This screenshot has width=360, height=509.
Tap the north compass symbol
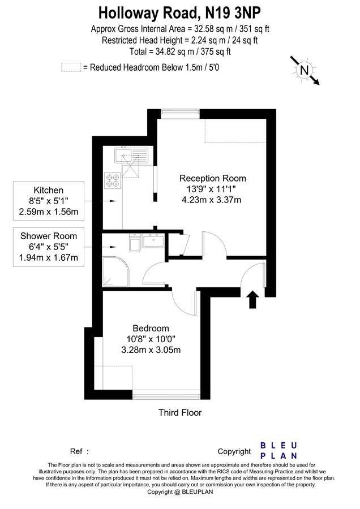click(x=305, y=70)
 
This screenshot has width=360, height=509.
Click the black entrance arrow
click(x=252, y=299)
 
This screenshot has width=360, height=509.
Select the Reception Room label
click(x=212, y=178)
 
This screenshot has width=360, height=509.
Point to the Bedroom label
click(x=151, y=329)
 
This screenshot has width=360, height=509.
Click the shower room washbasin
click(x=153, y=241)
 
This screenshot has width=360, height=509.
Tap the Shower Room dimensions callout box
click(x=49, y=247)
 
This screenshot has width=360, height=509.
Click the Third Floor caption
click(x=180, y=413)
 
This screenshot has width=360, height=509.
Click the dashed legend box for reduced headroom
click(x=71, y=67)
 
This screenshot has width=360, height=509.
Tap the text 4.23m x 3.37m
click(x=212, y=199)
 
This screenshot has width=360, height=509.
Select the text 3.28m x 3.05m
click(x=151, y=350)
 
